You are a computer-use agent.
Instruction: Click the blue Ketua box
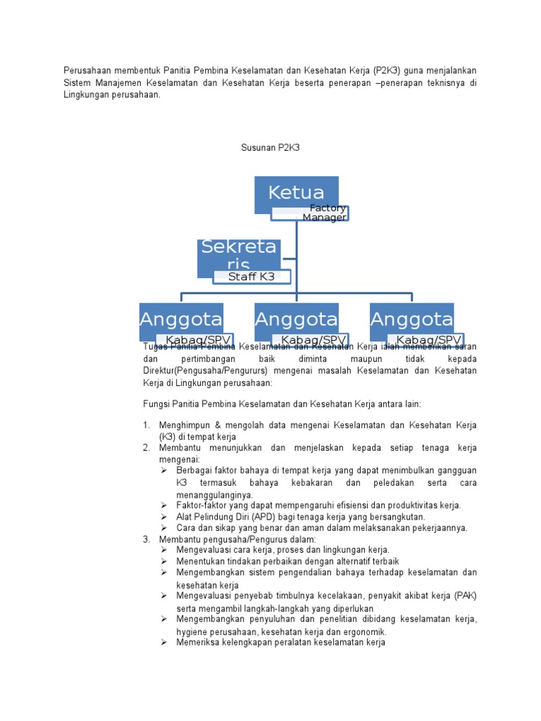click(x=296, y=193)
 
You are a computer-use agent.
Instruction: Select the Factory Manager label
click(x=324, y=213)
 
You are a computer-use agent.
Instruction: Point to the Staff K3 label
click(x=251, y=277)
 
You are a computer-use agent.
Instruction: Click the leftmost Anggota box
click(x=181, y=319)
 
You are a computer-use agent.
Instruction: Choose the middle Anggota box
click(x=296, y=319)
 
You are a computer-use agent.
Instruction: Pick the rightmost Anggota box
click(x=411, y=319)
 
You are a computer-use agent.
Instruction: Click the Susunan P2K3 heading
click(x=270, y=148)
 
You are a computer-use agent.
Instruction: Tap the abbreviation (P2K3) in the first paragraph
click(x=387, y=71)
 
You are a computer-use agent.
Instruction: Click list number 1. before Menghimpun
click(x=146, y=425)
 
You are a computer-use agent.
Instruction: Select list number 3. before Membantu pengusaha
click(x=146, y=539)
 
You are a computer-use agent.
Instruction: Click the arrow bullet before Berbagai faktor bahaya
click(x=163, y=470)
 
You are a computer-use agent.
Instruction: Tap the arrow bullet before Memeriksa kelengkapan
click(x=163, y=642)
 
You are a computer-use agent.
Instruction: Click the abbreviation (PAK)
click(x=465, y=596)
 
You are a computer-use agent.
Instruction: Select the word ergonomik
click(x=366, y=632)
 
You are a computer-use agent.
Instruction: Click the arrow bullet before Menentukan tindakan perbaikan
click(x=163, y=561)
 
